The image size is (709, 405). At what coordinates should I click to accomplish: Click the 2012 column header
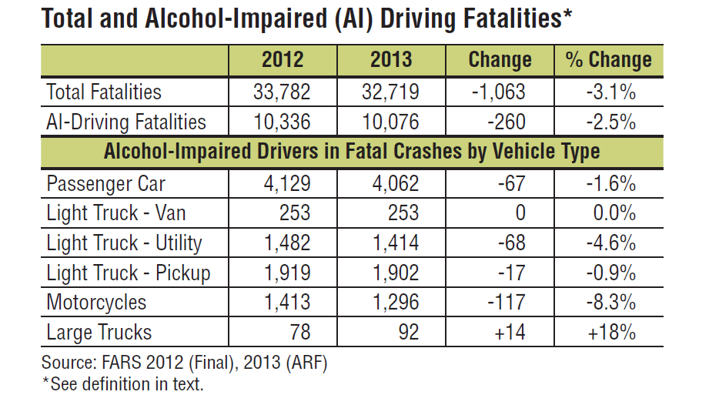click(x=282, y=60)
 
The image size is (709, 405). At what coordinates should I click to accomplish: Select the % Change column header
click(x=608, y=60)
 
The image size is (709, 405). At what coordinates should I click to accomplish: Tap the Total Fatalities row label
click(x=104, y=92)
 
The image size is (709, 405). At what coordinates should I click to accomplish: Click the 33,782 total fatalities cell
click(x=282, y=92)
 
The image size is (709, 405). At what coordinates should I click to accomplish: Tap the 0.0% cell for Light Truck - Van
click(x=614, y=213)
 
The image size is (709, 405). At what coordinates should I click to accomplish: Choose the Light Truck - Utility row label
click(x=124, y=243)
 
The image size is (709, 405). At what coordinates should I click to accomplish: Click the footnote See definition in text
click(x=122, y=383)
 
